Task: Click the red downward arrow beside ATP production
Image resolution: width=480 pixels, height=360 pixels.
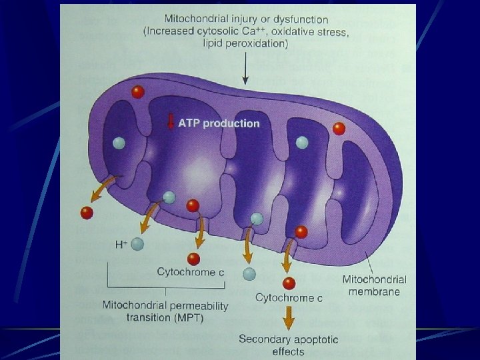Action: (x=171, y=123)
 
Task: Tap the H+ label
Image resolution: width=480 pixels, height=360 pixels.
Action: (x=121, y=245)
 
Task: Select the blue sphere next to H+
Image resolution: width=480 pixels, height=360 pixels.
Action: (x=137, y=245)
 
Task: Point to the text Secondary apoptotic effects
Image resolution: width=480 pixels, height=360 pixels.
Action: (x=289, y=345)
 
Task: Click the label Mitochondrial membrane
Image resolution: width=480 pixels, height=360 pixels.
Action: (x=373, y=285)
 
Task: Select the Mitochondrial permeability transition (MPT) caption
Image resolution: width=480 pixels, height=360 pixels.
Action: (x=165, y=311)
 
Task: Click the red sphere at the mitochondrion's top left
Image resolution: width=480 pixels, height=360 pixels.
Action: (x=137, y=92)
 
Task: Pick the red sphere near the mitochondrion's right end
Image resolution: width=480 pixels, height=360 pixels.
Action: (x=339, y=129)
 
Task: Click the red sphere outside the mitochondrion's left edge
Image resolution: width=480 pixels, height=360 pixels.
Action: (x=86, y=213)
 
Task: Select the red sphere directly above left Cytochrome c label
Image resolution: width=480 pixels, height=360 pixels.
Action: (x=194, y=259)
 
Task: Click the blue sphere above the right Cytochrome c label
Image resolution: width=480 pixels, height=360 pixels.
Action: (x=249, y=273)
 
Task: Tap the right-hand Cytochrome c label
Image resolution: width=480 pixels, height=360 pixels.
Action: (x=289, y=298)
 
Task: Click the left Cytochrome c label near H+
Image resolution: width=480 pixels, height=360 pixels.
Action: (x=186, y=271)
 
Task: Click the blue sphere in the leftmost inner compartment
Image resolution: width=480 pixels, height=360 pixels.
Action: (x=119, y=142)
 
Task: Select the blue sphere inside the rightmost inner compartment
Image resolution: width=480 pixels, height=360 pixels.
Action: (x=301, y=141)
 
